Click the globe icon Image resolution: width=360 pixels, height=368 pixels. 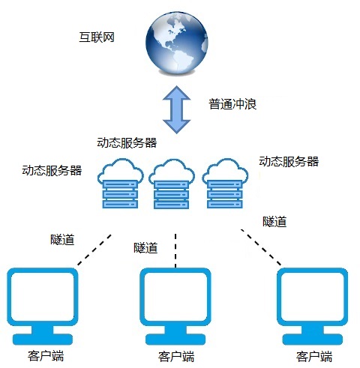177,43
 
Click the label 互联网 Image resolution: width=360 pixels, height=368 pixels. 97,37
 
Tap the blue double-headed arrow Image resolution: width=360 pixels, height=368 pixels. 177,109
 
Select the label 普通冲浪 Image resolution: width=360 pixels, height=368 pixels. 232,104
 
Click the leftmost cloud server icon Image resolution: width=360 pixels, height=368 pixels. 121,184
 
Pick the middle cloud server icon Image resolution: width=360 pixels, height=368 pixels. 172,184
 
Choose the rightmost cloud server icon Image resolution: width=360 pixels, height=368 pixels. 225,184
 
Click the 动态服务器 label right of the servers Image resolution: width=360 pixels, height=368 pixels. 289,161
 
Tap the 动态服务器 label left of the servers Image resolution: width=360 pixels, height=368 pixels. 52,171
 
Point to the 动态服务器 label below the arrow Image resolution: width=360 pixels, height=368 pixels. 127,142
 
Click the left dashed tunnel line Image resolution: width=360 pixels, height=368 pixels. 94,250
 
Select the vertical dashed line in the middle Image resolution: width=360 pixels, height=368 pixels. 175,250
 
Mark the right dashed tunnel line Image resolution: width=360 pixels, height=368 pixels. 261,247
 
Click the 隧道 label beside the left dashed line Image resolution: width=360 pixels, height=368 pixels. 62,240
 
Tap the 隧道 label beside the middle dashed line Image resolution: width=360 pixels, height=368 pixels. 145,248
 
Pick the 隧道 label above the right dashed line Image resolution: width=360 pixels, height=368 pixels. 274,222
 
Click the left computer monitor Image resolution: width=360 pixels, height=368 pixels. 43,307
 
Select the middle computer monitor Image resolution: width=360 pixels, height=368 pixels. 175,307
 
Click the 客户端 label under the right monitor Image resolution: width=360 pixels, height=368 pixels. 314,357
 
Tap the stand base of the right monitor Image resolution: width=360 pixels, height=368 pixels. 313,340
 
